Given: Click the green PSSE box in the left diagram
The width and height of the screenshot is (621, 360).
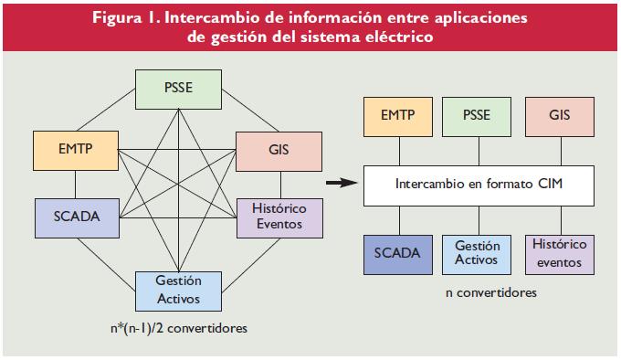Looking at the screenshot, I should [x=178, y=89].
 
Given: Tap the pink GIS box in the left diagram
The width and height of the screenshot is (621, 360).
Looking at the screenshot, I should [x=279, y=151].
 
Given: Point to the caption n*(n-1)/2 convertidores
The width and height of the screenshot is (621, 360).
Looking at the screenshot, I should [x=175, y=326].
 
